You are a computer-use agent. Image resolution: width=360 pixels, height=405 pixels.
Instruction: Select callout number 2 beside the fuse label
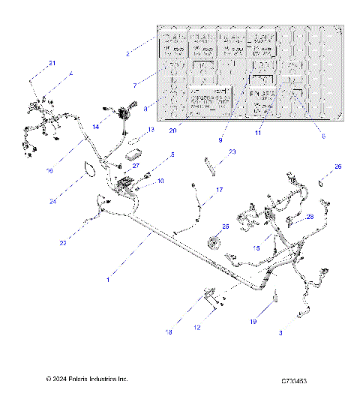128,54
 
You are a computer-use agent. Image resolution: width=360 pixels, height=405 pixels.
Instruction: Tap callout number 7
135,85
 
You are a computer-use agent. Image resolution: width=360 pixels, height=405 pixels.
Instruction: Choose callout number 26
338,166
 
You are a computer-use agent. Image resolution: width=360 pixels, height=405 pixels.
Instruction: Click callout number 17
220,190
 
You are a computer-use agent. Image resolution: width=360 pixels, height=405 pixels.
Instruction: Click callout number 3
281,331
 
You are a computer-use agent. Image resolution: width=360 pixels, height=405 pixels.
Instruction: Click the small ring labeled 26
322,182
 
